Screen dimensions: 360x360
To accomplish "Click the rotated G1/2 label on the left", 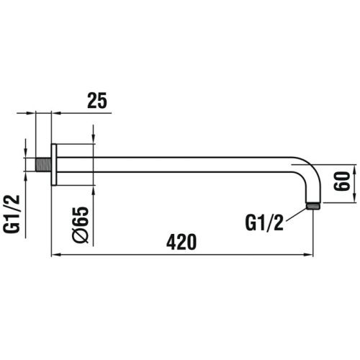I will pos(12,214).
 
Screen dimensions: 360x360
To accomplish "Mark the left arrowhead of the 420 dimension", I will pos(54,254).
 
